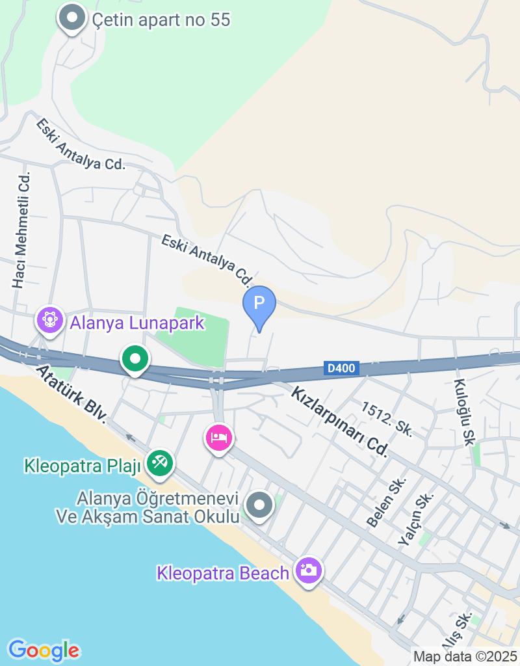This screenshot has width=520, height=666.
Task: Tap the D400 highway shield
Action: click(341, 369)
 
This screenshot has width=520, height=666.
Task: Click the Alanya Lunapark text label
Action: click(137, 323)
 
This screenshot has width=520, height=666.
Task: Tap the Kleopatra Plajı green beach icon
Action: click(159, 462)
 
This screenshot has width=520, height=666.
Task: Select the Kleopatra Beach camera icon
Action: click(309, 570)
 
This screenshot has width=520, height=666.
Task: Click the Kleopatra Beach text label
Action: click(222, 574)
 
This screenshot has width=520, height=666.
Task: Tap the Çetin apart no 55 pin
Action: click(72, 19)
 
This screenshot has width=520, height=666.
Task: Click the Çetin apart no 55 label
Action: click(161, 20)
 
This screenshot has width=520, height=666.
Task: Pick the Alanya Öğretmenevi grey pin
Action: click(260, 505)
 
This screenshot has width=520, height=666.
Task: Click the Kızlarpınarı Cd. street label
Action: click(339, 421)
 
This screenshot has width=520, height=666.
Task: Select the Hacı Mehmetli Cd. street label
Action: click(21, 230)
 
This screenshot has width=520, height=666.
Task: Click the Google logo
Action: click(44, 650)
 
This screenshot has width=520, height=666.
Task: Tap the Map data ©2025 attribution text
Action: click(465, 657)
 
